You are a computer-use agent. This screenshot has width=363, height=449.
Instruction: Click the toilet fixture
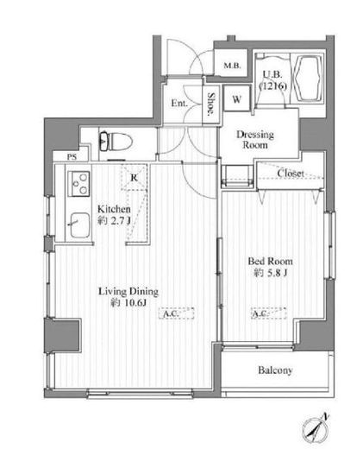point(116,142)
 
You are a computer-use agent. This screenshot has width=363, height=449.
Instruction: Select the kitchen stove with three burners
point(78,184)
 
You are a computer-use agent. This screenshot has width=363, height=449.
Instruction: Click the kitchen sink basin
point(78,225)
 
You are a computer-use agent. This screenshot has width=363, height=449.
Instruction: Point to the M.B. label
point(232,66)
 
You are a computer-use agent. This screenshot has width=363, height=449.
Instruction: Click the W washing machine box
point(237,99)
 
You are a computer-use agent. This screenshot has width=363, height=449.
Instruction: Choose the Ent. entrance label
point(179,103)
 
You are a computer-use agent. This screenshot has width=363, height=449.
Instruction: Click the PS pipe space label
point(72,157)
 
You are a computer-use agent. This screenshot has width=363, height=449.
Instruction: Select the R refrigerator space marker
point(134,178)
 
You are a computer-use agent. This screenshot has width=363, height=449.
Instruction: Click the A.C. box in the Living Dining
point(177,313)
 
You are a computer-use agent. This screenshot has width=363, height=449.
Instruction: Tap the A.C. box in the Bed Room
point(268,313)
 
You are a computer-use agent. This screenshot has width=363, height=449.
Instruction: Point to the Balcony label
point(275,370)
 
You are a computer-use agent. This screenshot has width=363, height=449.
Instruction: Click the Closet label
point(291,173)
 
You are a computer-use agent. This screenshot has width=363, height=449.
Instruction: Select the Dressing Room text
point(255,140)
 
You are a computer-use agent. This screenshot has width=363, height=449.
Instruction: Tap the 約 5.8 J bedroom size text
point(270,273)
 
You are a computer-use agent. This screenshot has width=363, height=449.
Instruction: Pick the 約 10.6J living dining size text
point(128,303)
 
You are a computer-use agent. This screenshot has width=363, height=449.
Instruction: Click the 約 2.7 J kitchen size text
point(114,220)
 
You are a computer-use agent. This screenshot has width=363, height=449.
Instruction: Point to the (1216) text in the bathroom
point(273,85)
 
